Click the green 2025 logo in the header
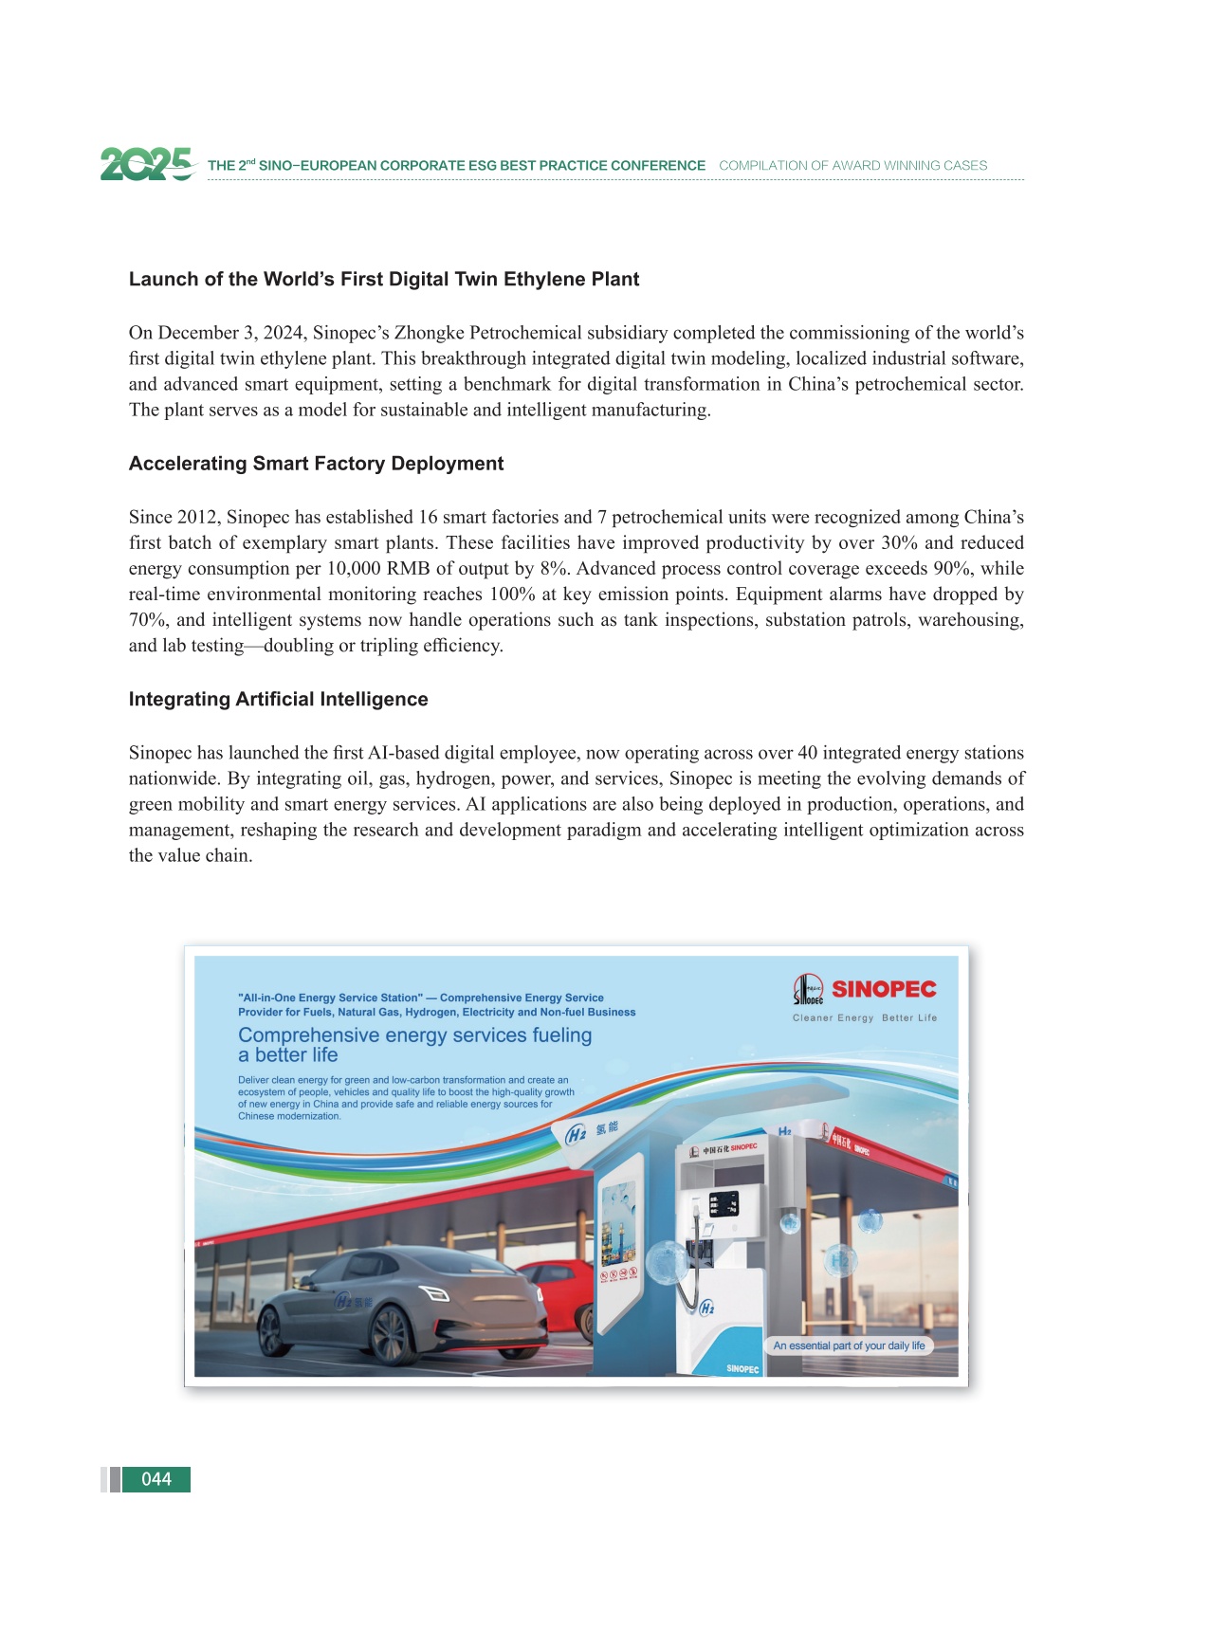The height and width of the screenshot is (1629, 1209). point(147,164)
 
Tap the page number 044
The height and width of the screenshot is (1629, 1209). point(156,1479)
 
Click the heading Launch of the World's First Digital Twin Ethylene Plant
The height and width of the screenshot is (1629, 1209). point(384,279)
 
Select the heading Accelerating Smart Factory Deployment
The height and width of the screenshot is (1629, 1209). point(316,463)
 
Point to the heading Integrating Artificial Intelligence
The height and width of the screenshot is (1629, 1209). point(278,699)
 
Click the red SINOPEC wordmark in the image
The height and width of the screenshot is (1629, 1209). point(884,989)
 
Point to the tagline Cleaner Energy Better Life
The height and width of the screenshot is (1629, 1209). point(864,1017)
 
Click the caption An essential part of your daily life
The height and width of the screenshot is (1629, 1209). point(849,1345)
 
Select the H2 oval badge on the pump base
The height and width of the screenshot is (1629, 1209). point(706,1309)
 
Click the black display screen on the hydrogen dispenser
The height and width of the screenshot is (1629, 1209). point(724,1204)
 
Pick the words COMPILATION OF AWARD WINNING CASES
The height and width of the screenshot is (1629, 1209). point(852,165)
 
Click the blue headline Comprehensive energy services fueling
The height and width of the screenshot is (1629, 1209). point(414,1035)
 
